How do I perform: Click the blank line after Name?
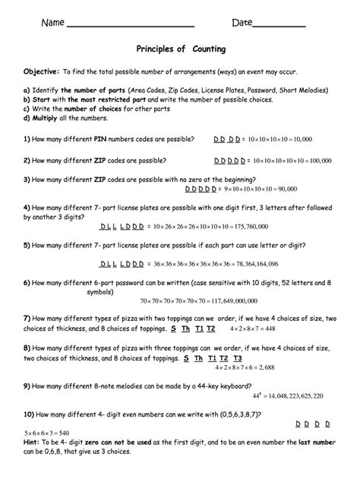point(131,24)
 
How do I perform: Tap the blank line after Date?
point(278,24)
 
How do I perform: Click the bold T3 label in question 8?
point(237,357)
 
